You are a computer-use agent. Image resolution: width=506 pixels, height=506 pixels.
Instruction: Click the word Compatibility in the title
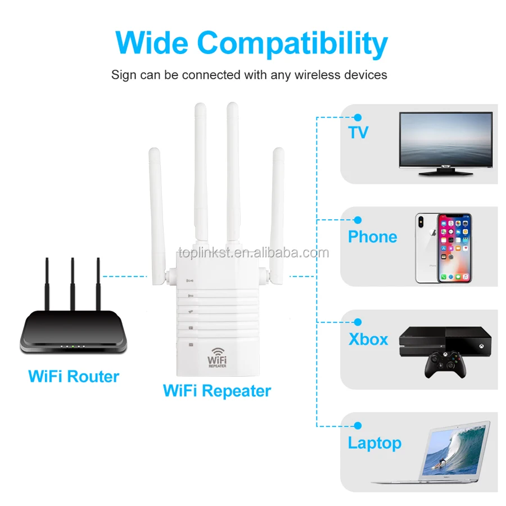pos(292,44)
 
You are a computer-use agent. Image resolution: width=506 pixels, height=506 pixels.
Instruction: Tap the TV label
pos(358,132)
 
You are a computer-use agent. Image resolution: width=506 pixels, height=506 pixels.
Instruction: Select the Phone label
pos(372,236)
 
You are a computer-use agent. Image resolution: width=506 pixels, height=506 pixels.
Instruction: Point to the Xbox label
pos(368,339)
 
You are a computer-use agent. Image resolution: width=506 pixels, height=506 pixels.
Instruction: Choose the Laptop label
pos(374,442)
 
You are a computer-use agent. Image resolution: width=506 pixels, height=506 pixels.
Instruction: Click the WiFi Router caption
pos(74,376)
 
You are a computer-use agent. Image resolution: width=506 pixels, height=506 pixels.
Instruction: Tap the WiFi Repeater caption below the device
pos(216,390)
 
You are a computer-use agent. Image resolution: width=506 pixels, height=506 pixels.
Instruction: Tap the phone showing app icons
pos(454,247)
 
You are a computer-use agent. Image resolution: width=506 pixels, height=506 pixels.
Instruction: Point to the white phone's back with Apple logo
pos(426,247)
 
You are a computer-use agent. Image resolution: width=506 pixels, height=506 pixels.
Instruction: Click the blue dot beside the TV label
pos(357,118)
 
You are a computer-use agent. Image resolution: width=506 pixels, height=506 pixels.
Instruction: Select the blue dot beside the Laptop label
pos(357,426)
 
